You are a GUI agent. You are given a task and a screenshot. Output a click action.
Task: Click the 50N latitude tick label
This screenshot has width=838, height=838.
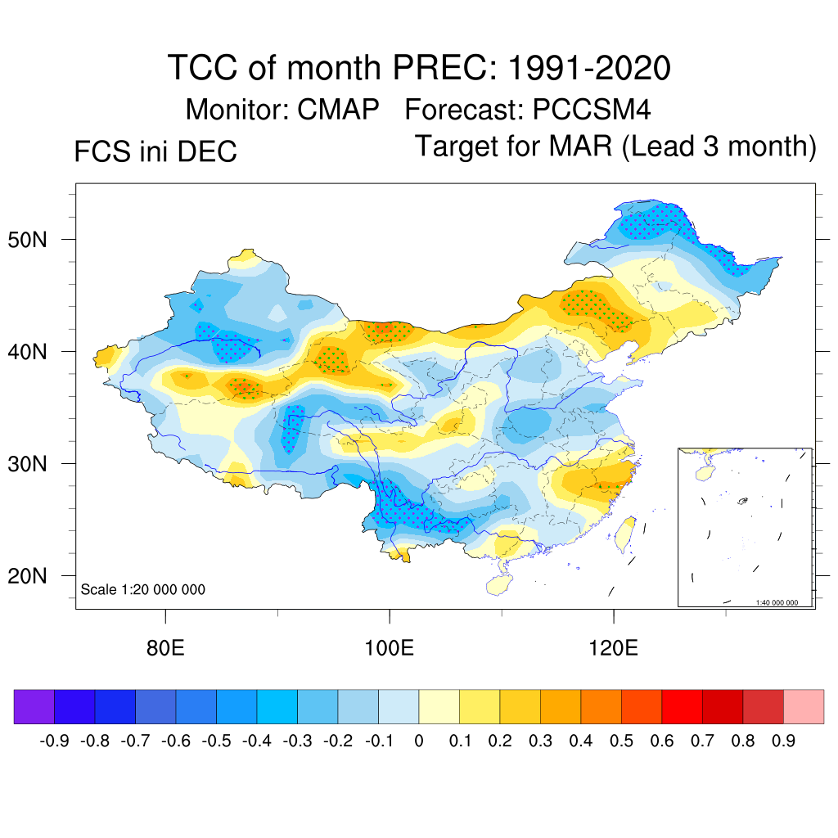(x=38, y=241)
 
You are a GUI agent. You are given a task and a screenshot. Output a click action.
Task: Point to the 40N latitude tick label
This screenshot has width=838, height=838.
(x=38, y=353)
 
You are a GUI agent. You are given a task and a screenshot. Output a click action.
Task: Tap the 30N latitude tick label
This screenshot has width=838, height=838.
(x=38, y=465)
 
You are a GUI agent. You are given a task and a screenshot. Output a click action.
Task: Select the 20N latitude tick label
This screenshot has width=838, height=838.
(x=38, y=577)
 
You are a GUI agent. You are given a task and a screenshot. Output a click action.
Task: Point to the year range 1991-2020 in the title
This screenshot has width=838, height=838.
(x=589, y=67)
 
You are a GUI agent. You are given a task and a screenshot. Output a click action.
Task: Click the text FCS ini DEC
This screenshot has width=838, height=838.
(x=155, y=152)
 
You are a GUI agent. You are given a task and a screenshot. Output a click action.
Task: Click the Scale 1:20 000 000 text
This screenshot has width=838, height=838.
(x=143, y=590)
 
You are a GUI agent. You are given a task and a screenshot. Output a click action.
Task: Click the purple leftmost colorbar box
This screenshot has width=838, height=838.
(x=34, y=706)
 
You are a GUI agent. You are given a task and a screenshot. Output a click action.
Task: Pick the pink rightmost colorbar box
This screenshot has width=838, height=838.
(x=804, y=706)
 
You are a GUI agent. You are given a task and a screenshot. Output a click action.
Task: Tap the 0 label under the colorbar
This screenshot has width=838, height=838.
(x=419, y=741)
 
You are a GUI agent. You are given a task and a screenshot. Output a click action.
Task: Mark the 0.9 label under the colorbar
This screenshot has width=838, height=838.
(x=784, y=741)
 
